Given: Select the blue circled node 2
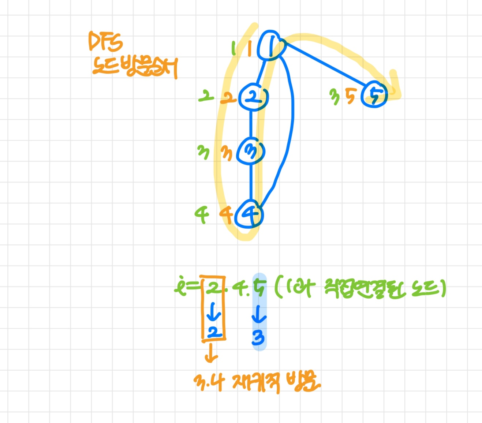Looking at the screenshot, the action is pyautogui.click(x=253, y=97).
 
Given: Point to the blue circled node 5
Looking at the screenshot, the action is pyautogui.click(x=374, y=95).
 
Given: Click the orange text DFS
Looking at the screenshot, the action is pyautogui.click(x=105, y=41).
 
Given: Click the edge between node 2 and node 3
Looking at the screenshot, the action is pyautogui.click(x=251, y=124).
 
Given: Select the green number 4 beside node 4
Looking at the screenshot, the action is pyautogui.click(x=202, y=214).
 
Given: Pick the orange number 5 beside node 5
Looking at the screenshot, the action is pyautogui.click(x=350, y=96).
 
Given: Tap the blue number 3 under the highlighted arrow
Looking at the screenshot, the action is pyautogui.click(x=258, y=338).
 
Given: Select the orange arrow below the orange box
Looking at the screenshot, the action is pyautogui.click(x=211, y=353).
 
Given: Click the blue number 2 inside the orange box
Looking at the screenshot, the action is pyautogui.click(x=214, y=332).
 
